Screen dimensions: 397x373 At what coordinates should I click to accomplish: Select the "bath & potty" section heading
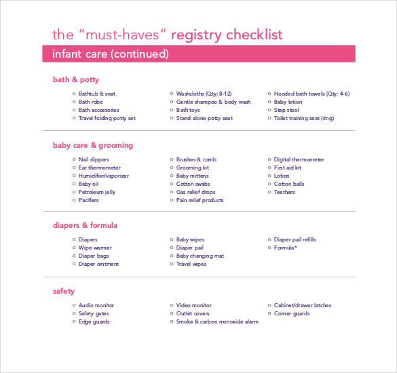pyautogui.click(x=75, y=79)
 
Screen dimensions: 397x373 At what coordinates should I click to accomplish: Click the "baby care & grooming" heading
pyautogui.click(x=93, y=145)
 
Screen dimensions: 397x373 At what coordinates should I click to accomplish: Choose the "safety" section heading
pyautogui.click(x=64, y=292)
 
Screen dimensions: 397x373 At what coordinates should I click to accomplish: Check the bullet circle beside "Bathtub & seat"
pyautogui.click(x=73, y=94)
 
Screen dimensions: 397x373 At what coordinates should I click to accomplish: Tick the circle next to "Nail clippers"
pyautogui.click(x=73, y=159)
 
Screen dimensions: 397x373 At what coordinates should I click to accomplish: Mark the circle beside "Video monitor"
pyautogui.click(x=171, y=306)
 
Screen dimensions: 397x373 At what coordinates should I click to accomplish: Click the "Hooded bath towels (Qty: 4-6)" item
pyautogui.click(x=311, y=94)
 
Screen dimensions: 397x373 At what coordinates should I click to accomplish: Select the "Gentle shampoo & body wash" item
pyautogui.click(x=213, y=102)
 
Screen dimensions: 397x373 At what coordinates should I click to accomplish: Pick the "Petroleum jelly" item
pyautogui.click(x=97, y=192)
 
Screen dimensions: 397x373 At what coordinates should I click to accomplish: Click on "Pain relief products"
pyautogui.click(x=200, y=200)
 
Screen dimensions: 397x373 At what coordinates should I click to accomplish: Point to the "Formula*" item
pyautogui.click(x=285, y=248)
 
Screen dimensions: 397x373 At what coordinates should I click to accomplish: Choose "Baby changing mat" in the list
pyautogui.click(x=200, y=256)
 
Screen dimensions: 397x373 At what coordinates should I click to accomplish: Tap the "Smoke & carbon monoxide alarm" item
pyautogui.click(x=217, y=322)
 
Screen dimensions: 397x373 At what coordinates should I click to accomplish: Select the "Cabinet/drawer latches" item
pyautogui.click(x=303, y=306)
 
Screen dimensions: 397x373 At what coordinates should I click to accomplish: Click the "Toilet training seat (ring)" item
pyautogui.click(x=304, y=118)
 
